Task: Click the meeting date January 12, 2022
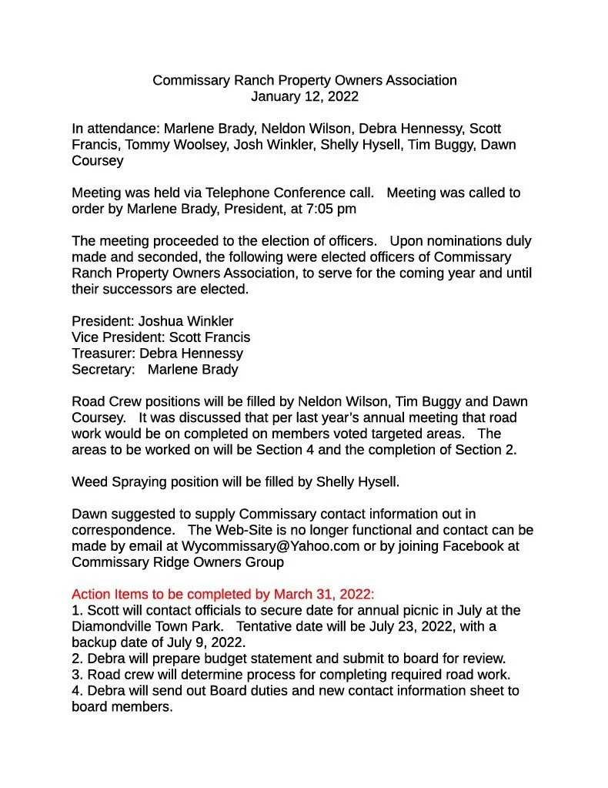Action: tap(304, 96)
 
